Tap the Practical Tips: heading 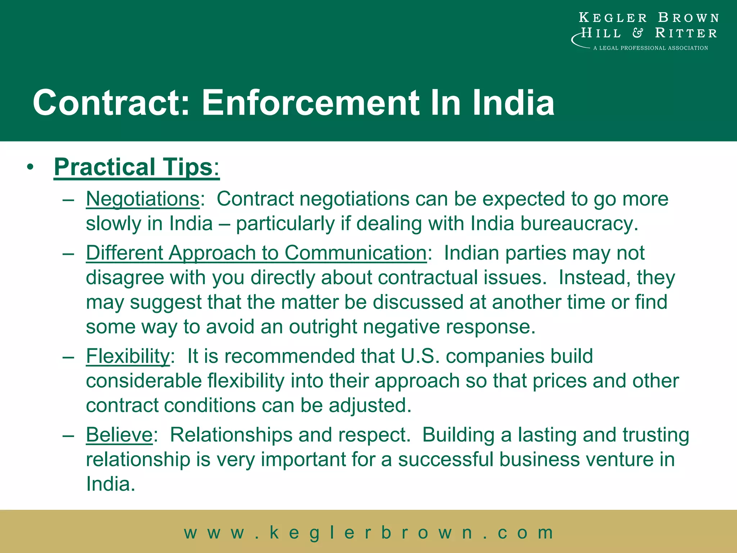[x=136, y=167]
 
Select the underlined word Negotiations [x=143, y=199]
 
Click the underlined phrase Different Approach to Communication [x=256, y=253]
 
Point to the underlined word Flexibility [x=128, y=356]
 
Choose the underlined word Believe [x=119, y=435]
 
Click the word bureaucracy [x=579, y=224]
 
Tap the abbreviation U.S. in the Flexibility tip [x=420, y=356]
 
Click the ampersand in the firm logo [x=638, y=33]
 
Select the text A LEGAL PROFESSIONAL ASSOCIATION [x=650, y=48]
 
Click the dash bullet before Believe [x=68, y=435]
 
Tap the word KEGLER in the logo [x=612, y=18]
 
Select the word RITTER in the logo [x=686, y=33]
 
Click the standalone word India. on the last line [x=110, y=484]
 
